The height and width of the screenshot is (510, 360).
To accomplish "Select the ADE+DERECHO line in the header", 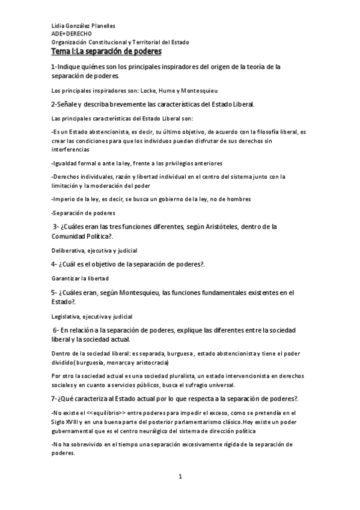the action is (72, 34).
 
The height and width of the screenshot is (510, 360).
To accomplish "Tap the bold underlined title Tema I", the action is (107, 52).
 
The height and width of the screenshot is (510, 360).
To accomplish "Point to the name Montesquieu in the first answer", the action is (201, 91).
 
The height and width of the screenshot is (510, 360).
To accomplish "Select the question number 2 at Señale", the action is (53, 104).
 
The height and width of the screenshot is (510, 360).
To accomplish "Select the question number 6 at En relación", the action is (55, 330).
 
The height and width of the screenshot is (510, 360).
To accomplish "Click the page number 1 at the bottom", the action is (180, 477).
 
